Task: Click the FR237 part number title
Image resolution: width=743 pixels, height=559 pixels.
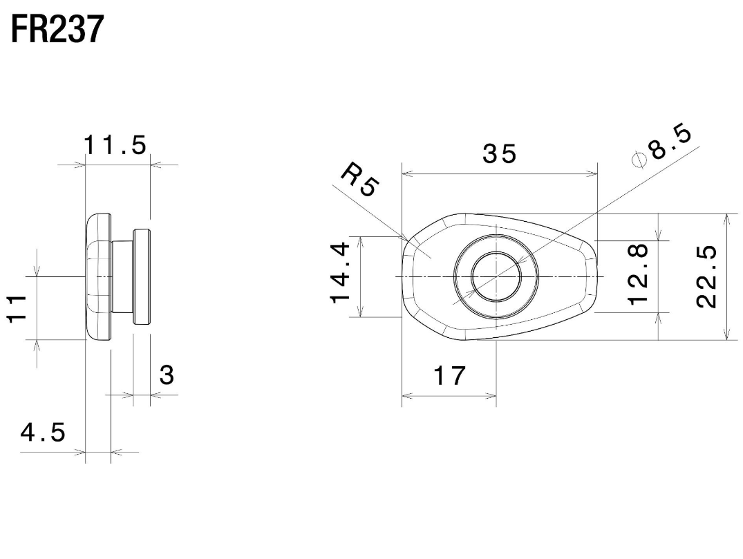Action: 57,30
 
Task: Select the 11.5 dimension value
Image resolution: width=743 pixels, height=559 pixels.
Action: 115,146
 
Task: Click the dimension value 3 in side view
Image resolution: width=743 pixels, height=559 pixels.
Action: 166,375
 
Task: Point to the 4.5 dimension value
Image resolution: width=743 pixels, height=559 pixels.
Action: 43,433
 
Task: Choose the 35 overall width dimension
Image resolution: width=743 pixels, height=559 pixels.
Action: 499,154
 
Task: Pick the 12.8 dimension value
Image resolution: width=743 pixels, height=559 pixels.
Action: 639,274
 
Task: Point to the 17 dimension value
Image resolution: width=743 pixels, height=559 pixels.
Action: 450,377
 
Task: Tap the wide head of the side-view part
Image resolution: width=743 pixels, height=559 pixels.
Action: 98,276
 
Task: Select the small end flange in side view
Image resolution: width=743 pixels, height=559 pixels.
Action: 141,276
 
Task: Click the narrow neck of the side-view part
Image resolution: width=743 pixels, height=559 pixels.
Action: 122,276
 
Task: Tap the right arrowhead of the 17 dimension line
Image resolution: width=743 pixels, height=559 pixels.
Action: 491,396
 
